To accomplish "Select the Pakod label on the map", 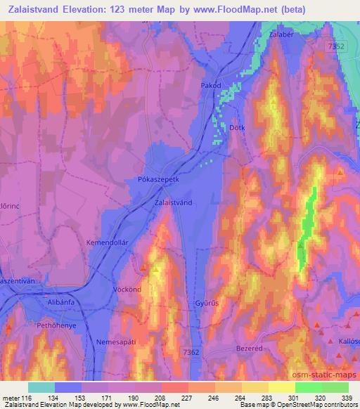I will pos(212,86).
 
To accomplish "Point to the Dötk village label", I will pos(238,127).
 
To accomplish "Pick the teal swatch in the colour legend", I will pos(41,387).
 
